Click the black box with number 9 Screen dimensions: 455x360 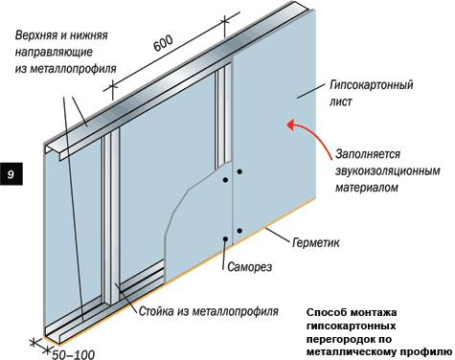[11, 174]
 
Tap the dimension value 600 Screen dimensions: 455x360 [163, 43]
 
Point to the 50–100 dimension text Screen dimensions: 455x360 [74, 354]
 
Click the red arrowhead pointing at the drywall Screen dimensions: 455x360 [292, 124]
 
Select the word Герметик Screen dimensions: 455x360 [316, 243]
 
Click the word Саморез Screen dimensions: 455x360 [250, 266]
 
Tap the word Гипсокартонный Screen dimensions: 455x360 [372, 86]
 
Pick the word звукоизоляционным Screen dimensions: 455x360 [388, 170]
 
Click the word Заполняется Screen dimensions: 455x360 [368, 154]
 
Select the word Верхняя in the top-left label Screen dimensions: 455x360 [34, 35]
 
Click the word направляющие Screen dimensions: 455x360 [54, 52]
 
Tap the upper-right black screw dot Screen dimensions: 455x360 [239, 171]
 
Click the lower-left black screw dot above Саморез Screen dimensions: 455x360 [225, 238]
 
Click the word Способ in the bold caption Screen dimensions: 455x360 [326, 312]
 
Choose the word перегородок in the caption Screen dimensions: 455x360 [342, 339]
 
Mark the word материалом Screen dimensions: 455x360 [367, 188]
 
